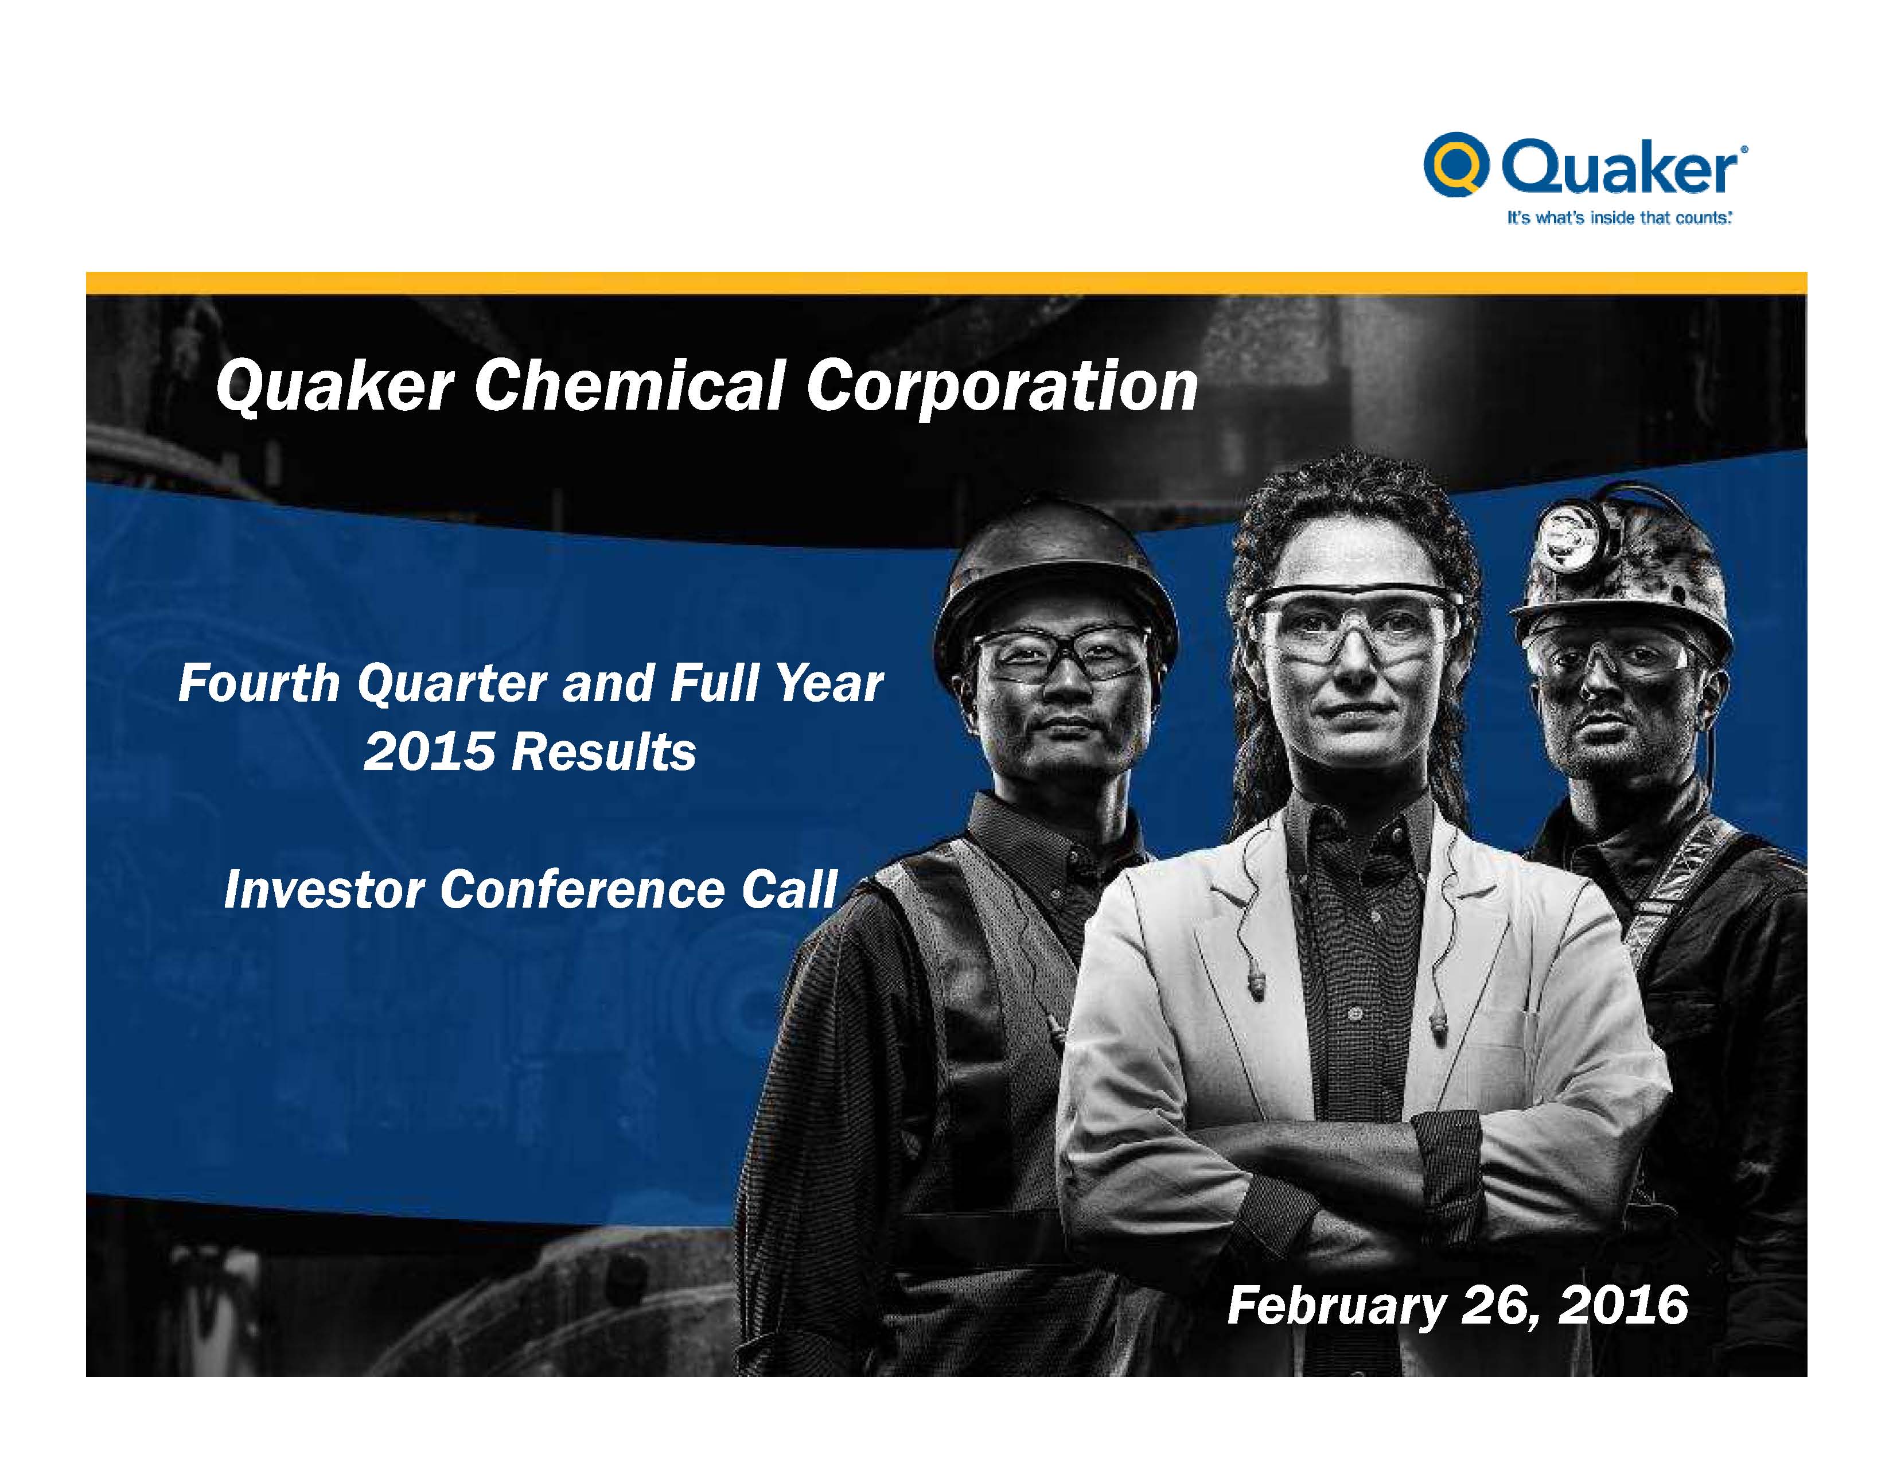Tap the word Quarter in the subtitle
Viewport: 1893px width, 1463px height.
point(451,684)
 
